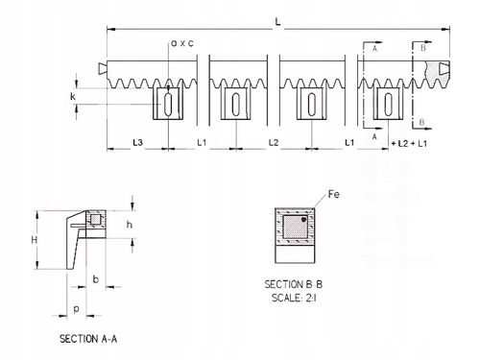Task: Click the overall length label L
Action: tap(278, 22)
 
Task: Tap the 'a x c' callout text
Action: tap(182, 43)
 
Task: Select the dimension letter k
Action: tap(73, 96)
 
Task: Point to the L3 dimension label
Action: tap(138, 143)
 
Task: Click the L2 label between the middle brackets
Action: tap(274, 143)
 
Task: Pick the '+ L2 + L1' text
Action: tap(409, 144)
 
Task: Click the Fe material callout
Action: tap(334, 194)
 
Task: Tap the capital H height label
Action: tap(35, 240)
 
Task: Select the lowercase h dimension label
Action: tap(130, 225)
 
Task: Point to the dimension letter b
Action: tap(96, 279)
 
